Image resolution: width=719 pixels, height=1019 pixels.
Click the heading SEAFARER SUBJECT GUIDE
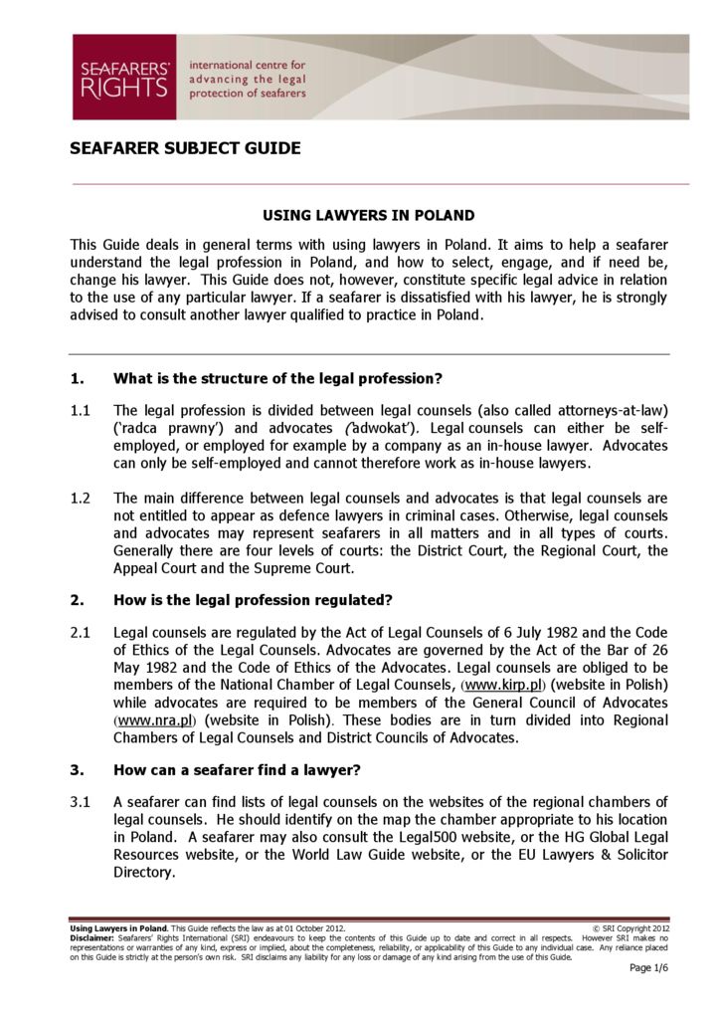coord(185,149)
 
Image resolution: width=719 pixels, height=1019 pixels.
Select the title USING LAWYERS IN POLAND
coord(368,215)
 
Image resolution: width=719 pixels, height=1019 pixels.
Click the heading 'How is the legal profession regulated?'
coord(254,600)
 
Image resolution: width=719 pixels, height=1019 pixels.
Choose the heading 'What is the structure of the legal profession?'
coord(277,377)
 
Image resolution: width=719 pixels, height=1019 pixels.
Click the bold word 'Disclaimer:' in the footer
coord(91,937)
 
